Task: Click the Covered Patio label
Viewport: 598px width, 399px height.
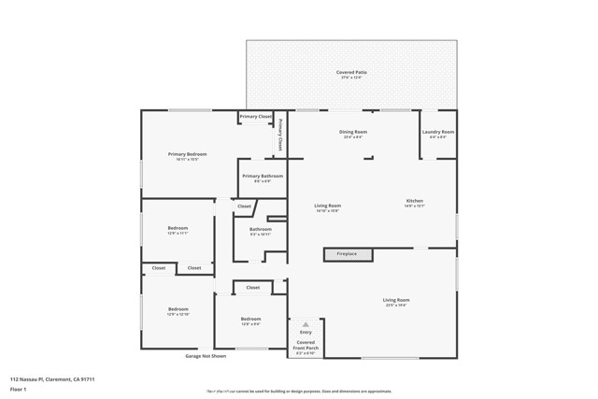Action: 351,74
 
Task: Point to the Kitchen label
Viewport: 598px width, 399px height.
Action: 414,203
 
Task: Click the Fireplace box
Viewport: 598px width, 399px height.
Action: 348,253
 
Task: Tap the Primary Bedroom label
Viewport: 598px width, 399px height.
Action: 187,156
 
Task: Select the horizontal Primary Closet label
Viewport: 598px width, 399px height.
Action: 256,116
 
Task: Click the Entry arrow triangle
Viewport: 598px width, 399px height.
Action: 306,323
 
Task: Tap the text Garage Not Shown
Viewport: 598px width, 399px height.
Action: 206,356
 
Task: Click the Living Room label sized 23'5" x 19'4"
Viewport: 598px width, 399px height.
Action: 396,302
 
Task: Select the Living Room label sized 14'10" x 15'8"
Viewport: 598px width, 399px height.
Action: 327,207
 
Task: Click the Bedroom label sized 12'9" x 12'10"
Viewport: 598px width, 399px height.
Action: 178,311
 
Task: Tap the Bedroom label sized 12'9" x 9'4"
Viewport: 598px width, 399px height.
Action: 251,321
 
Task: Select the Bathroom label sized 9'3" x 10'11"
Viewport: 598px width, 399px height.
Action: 260,232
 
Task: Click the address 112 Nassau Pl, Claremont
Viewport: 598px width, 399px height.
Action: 52,378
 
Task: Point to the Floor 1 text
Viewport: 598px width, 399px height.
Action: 18,389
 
